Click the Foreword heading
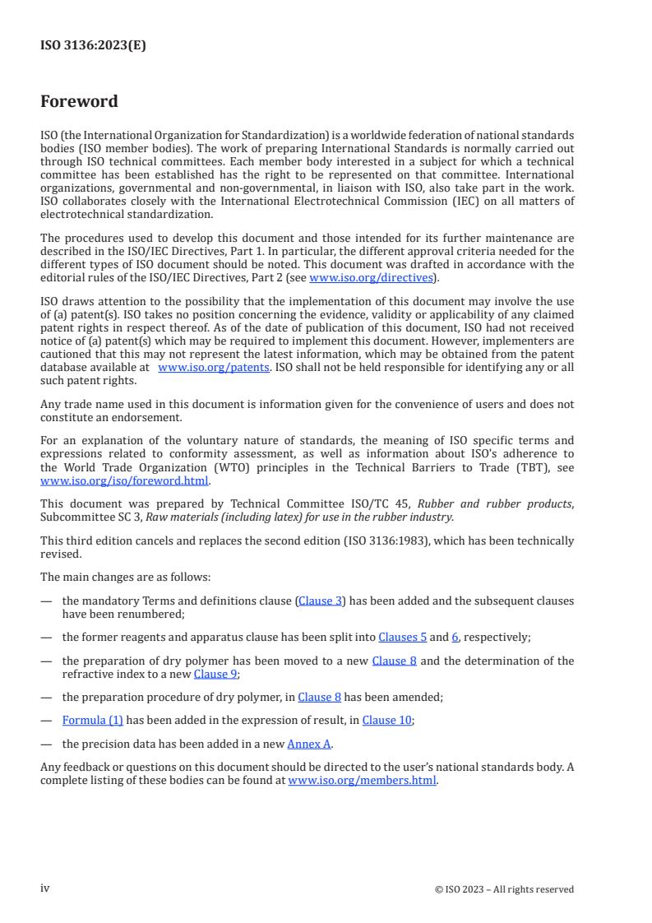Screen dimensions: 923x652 [79, 102]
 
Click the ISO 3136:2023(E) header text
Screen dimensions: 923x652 [93, 46]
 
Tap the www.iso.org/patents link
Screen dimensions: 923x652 [214, 367]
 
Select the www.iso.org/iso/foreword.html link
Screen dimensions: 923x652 [125, 481]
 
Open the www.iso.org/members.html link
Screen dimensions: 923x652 [362, 781]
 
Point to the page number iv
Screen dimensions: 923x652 [45, 888]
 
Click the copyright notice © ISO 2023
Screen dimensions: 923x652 [504, 889]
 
